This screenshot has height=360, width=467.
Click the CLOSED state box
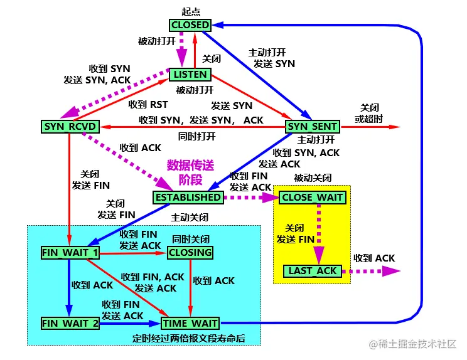coord(190,25)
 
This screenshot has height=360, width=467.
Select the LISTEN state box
coord(190,75)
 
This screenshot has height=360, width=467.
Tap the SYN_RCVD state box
coord(69,127)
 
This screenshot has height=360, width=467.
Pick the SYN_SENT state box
coord(313,127)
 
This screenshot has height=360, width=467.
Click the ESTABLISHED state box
coord(187,198)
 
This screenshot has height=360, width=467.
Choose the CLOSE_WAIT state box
coord(313,198)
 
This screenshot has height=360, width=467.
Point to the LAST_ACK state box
coord(313,271)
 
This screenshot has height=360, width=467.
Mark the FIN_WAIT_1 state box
coord(70,253)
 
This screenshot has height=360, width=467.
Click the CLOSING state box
coord(190,253)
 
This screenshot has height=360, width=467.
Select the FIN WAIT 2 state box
coord(70,324)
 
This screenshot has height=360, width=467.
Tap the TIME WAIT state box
coord(190,324)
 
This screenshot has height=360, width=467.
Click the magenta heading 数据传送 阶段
coord(190,173)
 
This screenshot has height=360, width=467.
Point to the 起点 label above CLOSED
coord(190,11)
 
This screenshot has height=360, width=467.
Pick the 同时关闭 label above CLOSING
coord(190,240)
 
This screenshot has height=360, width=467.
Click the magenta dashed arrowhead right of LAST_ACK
coord(392,271)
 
